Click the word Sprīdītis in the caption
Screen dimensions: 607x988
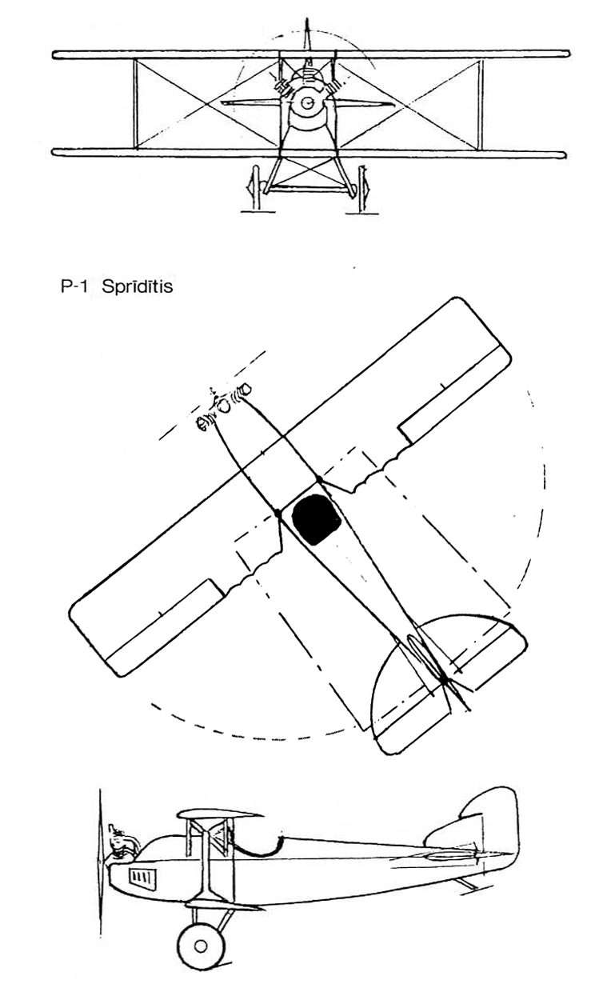pos(137,287)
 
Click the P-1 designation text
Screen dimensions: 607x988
pos(74,287)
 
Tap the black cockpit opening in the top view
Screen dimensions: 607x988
pos(317,518)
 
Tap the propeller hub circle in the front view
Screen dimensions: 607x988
pos(307,102)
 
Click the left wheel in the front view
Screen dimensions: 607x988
pos(254,187)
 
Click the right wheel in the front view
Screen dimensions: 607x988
pos(364,188)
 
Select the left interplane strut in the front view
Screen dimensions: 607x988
pos(136,104)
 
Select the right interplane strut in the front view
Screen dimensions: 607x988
pos(481,105)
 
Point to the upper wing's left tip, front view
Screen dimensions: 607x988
pos(54,55)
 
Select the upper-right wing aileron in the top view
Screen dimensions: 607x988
pos(455,394)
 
